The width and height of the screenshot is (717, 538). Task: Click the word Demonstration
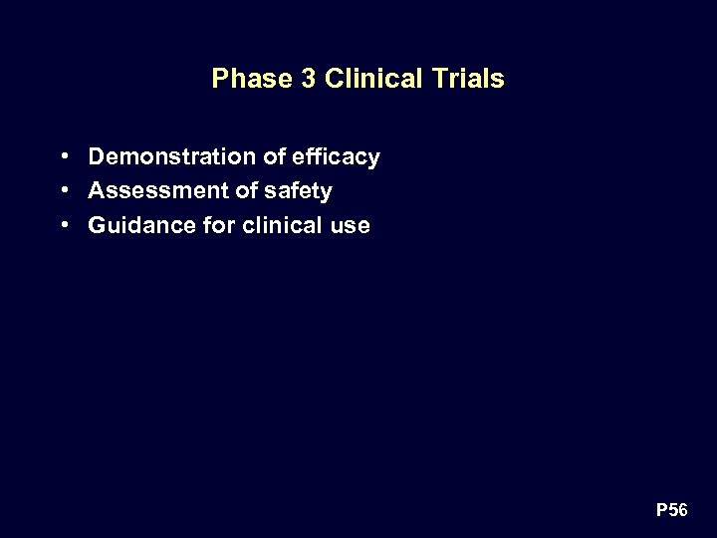click(172, 156)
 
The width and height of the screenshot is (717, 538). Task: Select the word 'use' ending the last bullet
click(351, 226)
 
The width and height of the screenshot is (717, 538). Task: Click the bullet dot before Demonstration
click(64, 156)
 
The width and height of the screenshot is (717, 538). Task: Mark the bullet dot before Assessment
click(64, 190)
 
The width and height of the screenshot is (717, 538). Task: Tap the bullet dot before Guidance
click(64, 225)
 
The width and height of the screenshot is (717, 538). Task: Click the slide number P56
click(671, 511)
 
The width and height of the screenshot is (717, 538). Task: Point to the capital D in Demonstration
click(97, 156)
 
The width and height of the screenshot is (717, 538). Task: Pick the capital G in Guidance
click(98, 225)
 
